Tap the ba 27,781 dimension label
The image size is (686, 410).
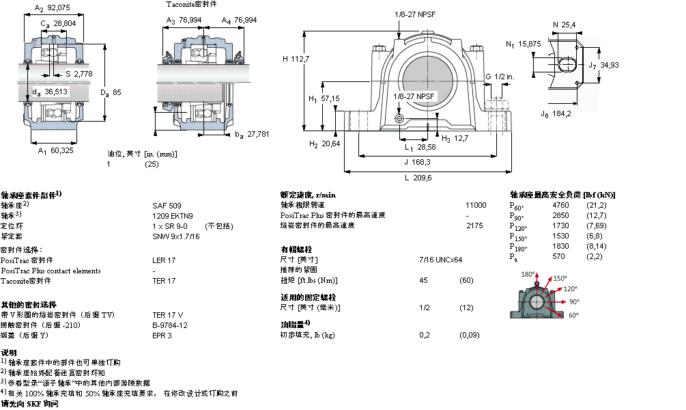tap(249, 134)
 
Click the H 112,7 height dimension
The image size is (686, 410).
tap(296, 59)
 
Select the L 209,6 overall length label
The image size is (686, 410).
tap(418, 178)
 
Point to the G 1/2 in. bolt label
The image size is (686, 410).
tap(498, 77)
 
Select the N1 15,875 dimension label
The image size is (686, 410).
tap(524, 44)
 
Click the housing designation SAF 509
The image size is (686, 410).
tap(167, 205)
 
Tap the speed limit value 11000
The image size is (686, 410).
tap(476, 205)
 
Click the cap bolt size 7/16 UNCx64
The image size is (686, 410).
tap(440, 260)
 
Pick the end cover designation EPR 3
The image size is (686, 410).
tap(162, 336)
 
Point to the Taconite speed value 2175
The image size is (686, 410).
tap(474, 225)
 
